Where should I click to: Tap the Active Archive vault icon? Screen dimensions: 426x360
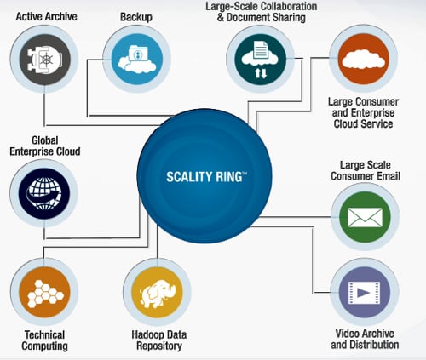44,60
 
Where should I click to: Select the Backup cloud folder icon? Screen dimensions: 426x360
137,59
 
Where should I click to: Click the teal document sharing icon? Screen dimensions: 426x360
260,59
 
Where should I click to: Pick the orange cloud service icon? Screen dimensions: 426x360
364,59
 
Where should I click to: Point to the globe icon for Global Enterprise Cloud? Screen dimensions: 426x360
44,193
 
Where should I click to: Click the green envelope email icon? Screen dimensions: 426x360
365,217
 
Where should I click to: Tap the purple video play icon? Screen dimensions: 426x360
365,292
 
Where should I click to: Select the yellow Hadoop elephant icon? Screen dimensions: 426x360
157,292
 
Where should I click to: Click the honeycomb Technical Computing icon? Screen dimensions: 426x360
44,292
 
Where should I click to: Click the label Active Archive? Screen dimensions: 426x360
47,16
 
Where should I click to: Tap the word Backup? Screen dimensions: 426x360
136,17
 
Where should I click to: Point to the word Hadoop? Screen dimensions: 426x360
146,334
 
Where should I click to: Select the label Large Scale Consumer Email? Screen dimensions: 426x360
366,170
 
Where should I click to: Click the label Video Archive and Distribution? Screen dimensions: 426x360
365,339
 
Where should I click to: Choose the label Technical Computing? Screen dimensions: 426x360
44,340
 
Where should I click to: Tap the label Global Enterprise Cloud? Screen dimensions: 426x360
45,146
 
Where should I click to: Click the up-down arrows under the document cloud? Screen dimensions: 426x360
261,73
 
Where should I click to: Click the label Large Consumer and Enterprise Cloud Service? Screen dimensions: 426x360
364,112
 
